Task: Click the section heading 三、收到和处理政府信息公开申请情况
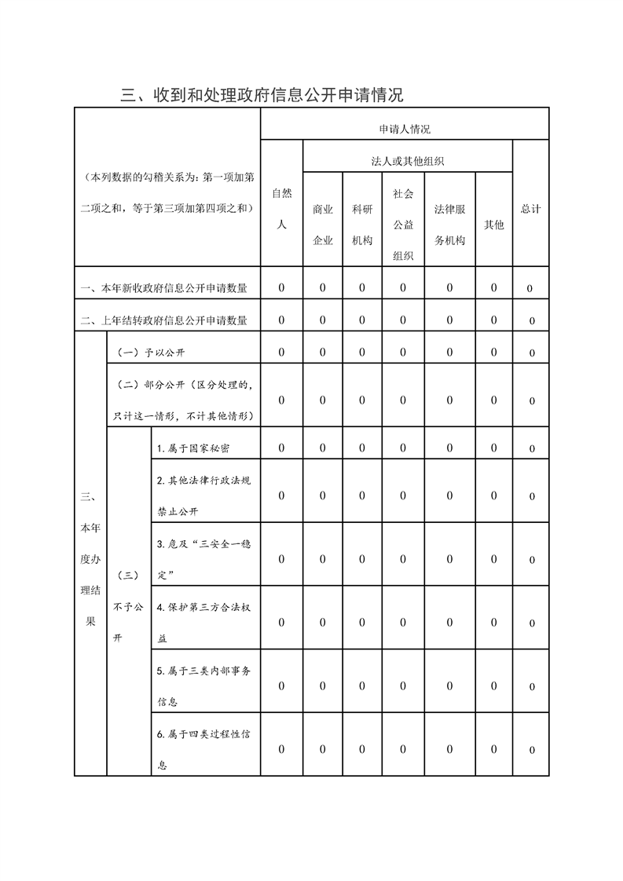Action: tap(262, 96)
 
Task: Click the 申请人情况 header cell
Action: tap(404, 129)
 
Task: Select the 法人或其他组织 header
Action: tap(408, 161)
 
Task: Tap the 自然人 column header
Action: tap(281, 208)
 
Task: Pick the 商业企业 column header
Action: tap(323, 225)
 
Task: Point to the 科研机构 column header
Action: tap(362, 225)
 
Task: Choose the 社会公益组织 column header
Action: tap(403, 225)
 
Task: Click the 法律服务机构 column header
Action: tap(449, 225)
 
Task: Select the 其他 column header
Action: tap(493, 225)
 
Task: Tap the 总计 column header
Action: tap(530, 209)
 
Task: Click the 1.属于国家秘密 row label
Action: tap(193, 448)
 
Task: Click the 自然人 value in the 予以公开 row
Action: tap(281, 353)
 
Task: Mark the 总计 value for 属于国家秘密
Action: tap(531, 449)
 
